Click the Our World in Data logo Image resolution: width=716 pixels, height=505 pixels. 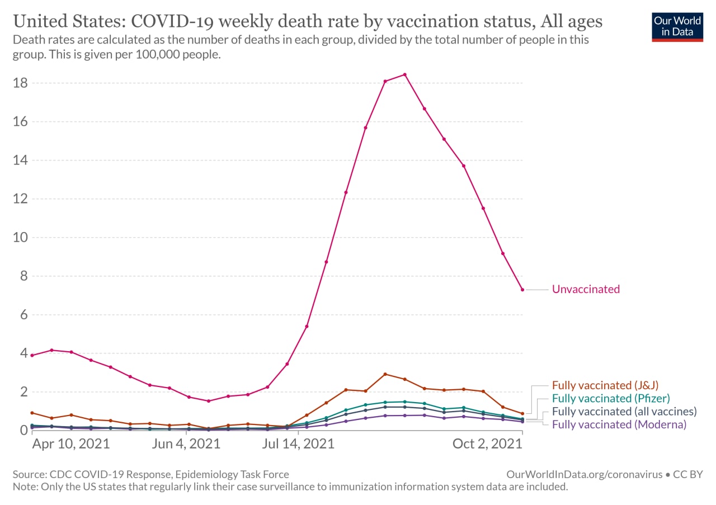(677, 27)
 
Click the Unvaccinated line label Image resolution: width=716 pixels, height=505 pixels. (586, 289)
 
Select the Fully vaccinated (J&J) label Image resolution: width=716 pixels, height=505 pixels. (605, 385)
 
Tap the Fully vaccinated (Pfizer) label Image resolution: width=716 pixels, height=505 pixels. (611, 399)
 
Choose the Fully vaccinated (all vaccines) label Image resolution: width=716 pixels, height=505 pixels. (624, 412)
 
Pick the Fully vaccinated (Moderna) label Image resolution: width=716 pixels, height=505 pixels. (619, 425)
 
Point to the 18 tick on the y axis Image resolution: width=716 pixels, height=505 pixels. (20, 83)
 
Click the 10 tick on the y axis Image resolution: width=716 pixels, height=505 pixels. (20, 238)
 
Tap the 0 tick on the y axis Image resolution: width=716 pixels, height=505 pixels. (24, 431)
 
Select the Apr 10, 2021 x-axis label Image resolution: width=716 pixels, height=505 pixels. (71, 444)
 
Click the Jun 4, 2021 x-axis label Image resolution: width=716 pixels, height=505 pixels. (186, 444)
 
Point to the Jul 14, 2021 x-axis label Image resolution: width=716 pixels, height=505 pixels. (298, 444)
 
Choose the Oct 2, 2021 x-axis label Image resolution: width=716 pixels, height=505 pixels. (487, 444)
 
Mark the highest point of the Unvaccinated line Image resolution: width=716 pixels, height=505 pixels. (404, 75)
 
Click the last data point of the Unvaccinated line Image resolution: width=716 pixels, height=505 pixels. (522, 290)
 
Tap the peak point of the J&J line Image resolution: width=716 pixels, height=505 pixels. (385, 374)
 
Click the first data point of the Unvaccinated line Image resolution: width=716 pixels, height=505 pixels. (32, 356)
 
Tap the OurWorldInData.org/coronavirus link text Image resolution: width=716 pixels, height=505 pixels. (585, 475)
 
